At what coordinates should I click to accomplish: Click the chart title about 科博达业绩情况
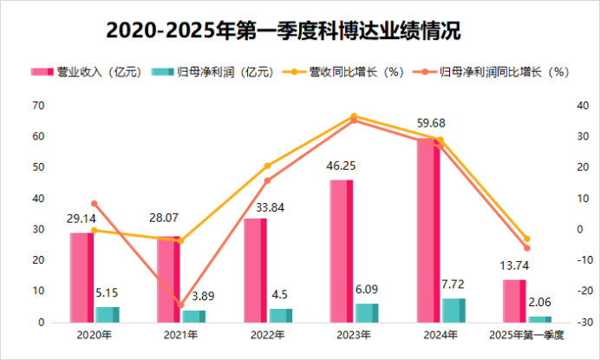pos(300,29)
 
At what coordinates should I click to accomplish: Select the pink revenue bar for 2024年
pos(427,230)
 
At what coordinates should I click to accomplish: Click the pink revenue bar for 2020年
pos(82,277)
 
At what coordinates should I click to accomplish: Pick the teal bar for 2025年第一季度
pos(539,319)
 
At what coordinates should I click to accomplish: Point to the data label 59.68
pos(431,122)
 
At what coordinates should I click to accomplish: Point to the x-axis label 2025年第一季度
pos(527,334)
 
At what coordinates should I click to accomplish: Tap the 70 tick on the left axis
pos(37,106)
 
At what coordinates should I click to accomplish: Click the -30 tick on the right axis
pos(585,322)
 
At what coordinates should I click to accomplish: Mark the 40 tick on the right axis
pos(585,106)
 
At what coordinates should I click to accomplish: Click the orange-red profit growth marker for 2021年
pos(180,304)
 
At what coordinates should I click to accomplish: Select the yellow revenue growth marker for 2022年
pos(267,166)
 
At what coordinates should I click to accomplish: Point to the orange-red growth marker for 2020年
pos(94,204)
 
